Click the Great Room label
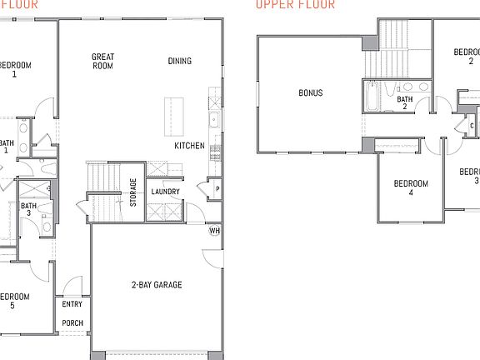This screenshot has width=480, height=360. [102, 61]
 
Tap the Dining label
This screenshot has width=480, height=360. [179, 61]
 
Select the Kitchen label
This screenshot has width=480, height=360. [189, 146]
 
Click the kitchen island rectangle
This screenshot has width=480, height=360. [172, 111]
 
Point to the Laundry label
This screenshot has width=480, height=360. [165, 192]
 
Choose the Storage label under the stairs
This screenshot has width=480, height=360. [133, 193]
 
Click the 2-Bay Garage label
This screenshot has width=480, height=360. [157, 285]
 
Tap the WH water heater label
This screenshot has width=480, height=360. [214, 231]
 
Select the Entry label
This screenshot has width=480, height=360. [72, 305]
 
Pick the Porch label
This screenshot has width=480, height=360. [72, 323]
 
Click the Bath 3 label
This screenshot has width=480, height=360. [28, 210]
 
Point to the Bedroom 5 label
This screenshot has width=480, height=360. [14, 301]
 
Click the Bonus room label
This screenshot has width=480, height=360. [311, 93]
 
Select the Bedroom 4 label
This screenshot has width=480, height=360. [410, 187]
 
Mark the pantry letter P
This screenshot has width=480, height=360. [217, 189]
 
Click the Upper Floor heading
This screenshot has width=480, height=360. [295, 4]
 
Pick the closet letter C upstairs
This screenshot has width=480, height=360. [472, 127]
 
